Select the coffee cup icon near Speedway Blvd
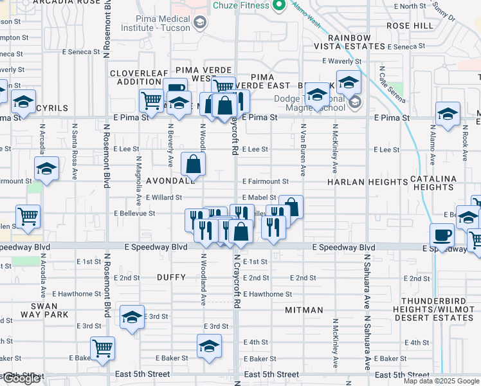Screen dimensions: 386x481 pos(442,235)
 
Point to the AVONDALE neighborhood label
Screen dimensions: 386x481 pos(170,181)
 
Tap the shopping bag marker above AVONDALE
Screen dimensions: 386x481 pos(194,165)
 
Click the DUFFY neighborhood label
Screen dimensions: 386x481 pos(171,277)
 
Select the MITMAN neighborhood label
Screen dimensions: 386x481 pos(304,310)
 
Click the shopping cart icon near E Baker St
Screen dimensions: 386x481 pos(103,349)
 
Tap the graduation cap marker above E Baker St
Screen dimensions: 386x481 pos(209,347)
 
